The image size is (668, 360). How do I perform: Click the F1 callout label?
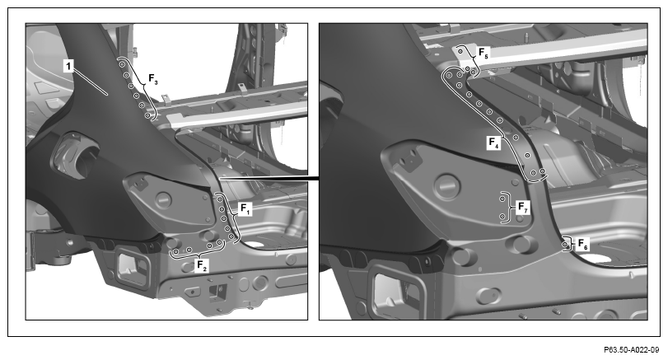point(246,209)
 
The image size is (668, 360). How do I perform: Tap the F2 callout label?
point(202,265)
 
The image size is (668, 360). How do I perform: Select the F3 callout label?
point(153,79)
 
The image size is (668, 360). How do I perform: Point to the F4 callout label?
point(493,143)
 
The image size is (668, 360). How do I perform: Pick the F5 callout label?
point(483,53)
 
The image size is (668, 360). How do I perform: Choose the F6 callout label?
point(583,245)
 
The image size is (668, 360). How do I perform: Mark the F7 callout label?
point(523,208)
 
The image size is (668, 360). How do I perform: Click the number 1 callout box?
point(68,66)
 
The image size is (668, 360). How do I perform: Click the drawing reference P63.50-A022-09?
point(631,350)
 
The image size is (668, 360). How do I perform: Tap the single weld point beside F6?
point(565,245)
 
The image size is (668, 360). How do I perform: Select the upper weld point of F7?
point(502,199)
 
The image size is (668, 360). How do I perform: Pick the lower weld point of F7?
point(502,217)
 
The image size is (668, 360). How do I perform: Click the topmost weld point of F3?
point(122,64)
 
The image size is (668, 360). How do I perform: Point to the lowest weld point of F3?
point(147,115)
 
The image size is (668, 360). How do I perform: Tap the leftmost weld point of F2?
point(175,252)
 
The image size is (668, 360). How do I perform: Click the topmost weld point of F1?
point(219,199)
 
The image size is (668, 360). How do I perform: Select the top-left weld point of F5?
point(460,51)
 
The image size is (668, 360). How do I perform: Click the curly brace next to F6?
point(571,245)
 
